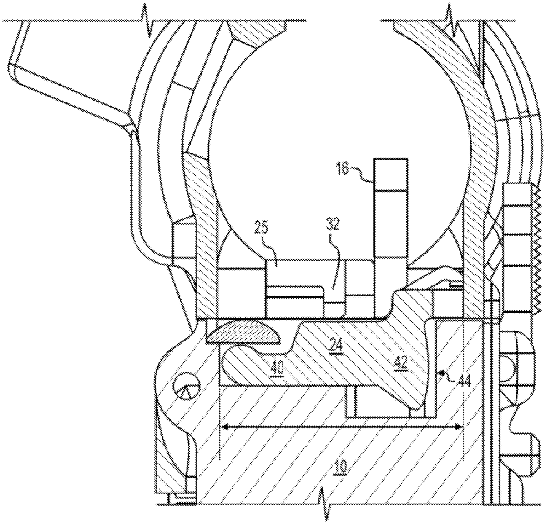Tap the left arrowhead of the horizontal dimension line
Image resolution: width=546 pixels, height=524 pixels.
[x=224, y=427]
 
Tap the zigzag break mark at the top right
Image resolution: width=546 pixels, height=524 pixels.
[x=452, y=20]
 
